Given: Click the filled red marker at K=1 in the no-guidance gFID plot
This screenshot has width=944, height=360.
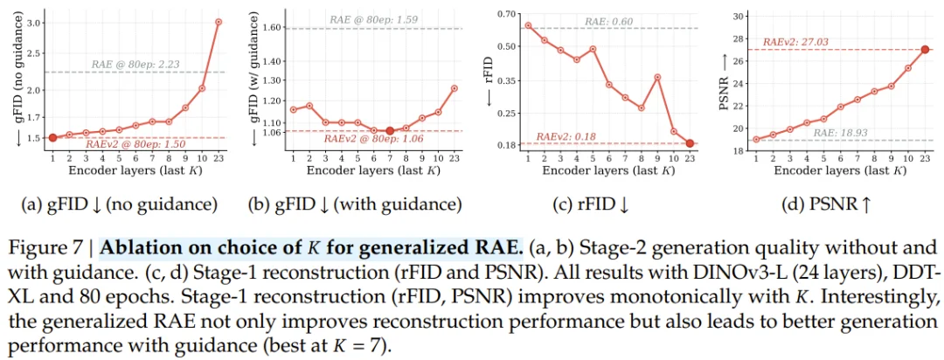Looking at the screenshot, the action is pyautogui.click(x=52, y=138).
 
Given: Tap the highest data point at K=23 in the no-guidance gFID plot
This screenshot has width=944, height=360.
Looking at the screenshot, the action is pyautogui.click(x=219, y=22).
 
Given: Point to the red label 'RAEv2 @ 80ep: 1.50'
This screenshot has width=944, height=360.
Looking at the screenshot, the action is pyautogui.click(x=135, y=145).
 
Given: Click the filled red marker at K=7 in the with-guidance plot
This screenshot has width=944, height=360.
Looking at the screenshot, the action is pyautogui.click(x=390, y=131).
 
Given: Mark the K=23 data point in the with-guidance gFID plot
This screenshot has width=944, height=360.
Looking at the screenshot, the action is pyautogui.click(x=455, y=88).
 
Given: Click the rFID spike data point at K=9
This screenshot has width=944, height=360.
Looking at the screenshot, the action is pyautogui.click(x=657, y=77).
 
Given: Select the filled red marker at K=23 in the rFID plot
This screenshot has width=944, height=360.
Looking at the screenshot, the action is pyautogui.click(x=690, y=143).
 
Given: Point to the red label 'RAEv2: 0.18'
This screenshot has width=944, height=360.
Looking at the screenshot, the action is pyautogui.click(x=566, y=137).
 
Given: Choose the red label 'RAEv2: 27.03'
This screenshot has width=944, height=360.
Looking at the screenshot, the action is pyautogui.click(x=794, y=42).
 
